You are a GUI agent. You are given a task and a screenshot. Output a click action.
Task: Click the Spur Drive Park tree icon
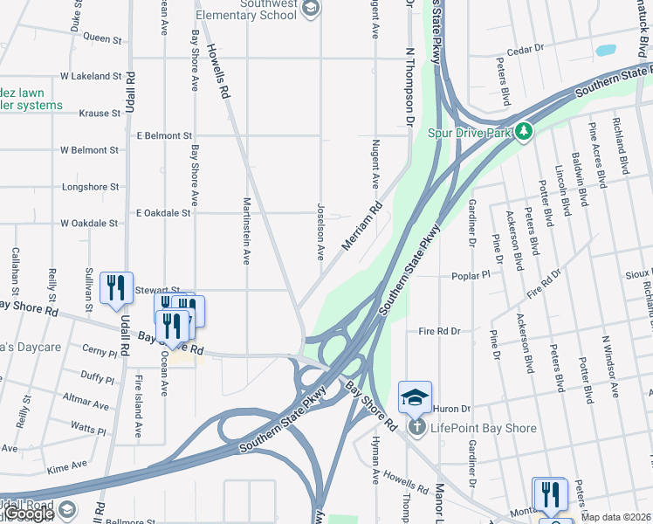(x=524, y=132)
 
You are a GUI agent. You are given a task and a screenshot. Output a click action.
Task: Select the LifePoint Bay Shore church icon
(x=417, y=427)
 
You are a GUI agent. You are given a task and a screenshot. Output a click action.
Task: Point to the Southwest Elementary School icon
(x=310, y=9)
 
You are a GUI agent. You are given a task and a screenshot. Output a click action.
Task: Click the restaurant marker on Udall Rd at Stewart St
(x=116, y=287)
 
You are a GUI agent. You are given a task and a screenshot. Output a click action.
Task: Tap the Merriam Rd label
(x=362, y=226)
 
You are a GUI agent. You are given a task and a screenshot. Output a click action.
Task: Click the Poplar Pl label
(x=472, y=276)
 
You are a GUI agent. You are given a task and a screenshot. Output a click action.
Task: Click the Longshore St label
(x=90, y=187)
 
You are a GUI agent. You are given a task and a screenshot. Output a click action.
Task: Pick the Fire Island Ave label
(x=138, y=406)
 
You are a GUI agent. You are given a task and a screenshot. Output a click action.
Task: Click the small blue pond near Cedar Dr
(x=606, y=51)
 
